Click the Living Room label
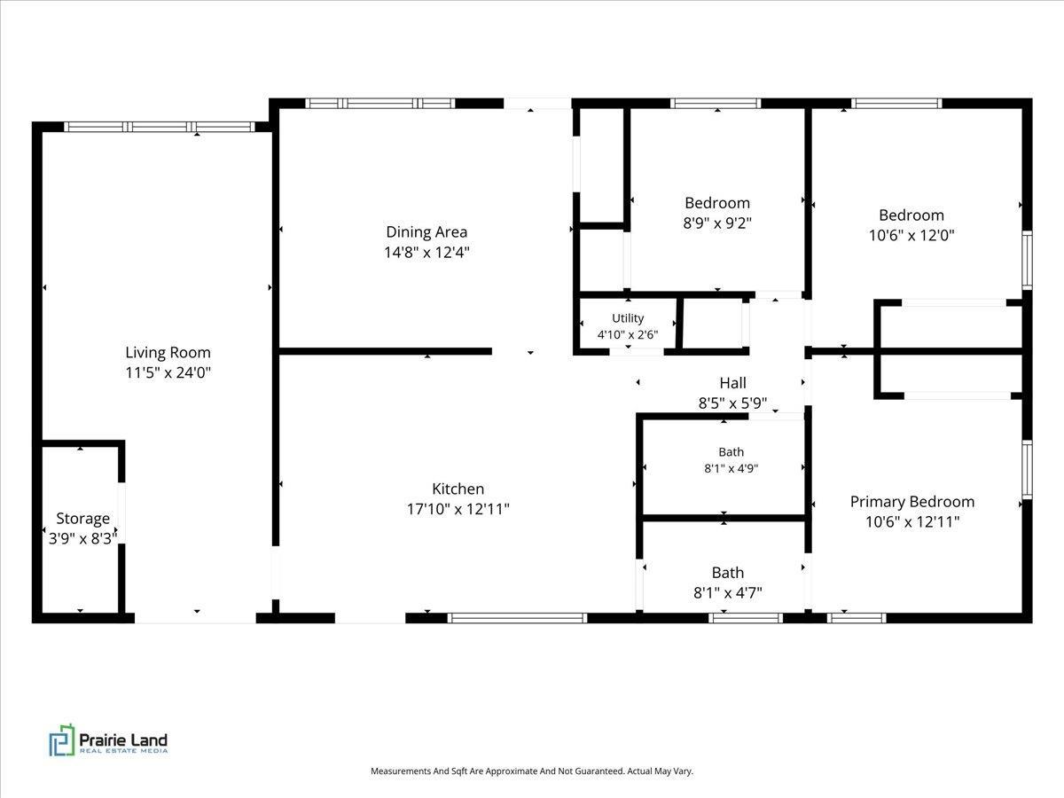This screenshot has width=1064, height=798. (x=168, y=352)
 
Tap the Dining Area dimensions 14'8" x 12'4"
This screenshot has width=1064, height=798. (x=426, y=253)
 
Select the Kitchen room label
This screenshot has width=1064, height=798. (x=458, y=489)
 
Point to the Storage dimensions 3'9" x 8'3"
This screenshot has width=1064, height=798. (x=82, y=538)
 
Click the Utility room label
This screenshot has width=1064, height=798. (x=628, y=317)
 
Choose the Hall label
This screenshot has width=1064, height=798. (x=732, y=383)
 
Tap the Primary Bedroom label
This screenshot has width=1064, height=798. (x=912, y=502)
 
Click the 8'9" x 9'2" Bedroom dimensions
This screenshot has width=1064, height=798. (x=717, y=223)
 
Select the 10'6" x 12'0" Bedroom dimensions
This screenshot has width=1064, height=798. (x=911, y=236)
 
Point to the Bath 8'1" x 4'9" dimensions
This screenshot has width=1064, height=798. (x=731, y=468)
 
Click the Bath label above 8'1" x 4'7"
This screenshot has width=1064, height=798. (x=728, y=573)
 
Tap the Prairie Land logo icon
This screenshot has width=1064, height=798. (x=62, y=740)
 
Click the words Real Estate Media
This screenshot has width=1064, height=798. (x=123, y=751)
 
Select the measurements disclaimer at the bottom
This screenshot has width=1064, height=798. (x=532, y=771)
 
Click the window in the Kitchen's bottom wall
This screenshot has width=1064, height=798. (x=517, y=618)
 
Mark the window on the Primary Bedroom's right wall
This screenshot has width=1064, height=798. (x=1027, y=469)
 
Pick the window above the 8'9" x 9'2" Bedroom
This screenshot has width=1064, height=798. (x=716, y=103)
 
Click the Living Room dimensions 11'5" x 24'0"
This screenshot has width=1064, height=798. (x=168, y=372)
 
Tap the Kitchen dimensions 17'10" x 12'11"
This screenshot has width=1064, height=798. (x=458, y=509)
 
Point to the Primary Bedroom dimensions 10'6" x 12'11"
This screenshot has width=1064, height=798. (x=912, y=522)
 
